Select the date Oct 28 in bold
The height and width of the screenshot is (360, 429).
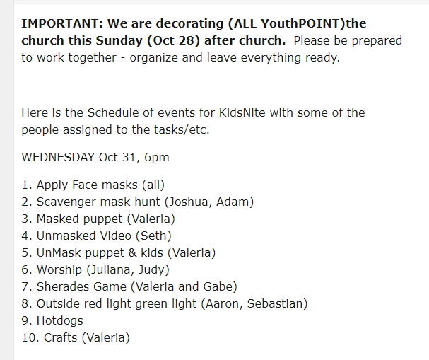[173, 40]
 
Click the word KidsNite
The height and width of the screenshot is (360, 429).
[242, 112]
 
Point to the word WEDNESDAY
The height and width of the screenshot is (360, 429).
[58, 157]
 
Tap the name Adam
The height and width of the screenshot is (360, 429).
[233, 202]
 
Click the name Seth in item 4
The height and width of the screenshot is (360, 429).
[153, 236]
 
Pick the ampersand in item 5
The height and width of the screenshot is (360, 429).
[132, 252]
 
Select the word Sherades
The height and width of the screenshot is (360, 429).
[63, 286]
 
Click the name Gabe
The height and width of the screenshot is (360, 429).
[217, 286]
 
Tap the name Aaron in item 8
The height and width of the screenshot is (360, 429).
[222, 303]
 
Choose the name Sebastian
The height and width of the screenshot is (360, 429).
[275, 303]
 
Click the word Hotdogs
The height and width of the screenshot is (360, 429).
[59, 321]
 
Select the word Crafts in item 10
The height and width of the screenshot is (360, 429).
[61, 337]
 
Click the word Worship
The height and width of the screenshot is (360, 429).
[59, 270]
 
